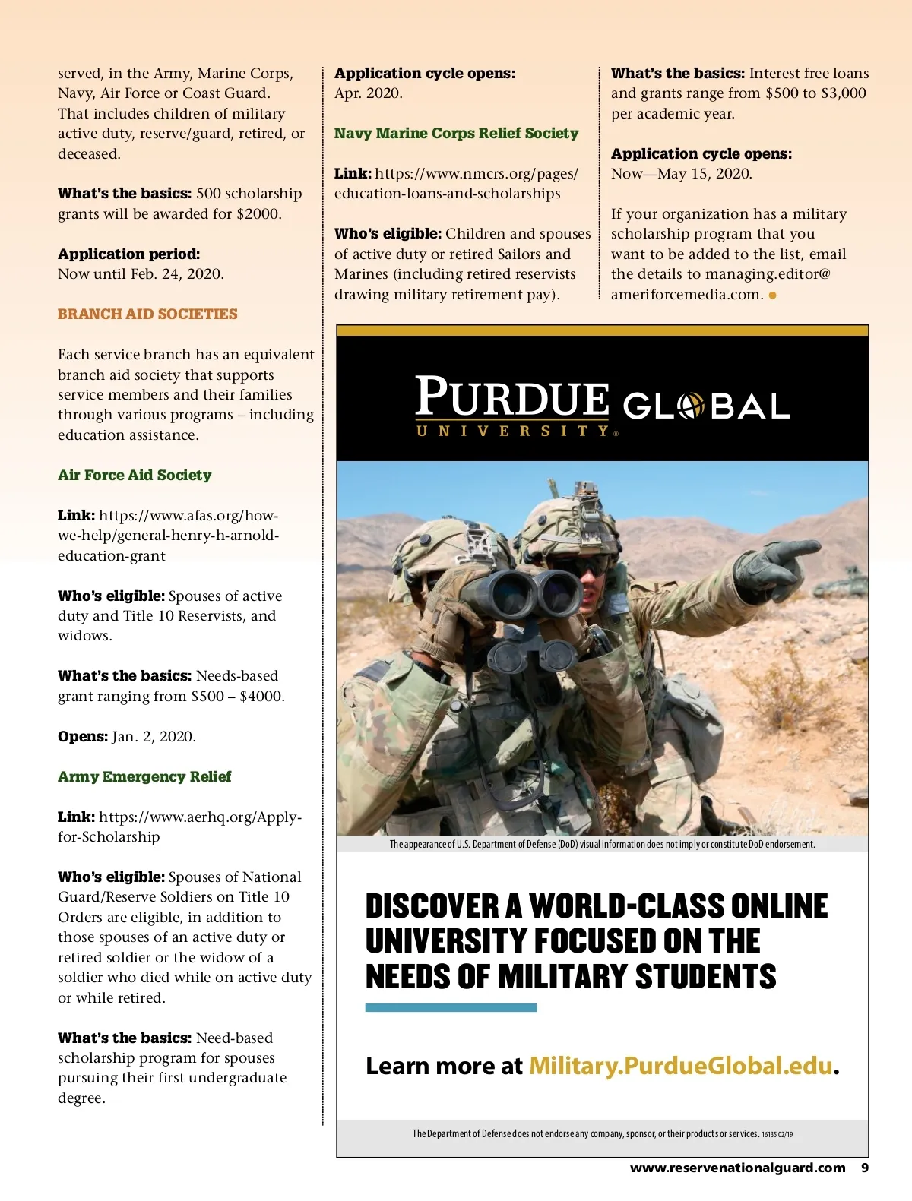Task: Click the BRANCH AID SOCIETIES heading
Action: tap(147, 314)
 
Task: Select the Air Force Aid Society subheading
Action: tap(135, 475)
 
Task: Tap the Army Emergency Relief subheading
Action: tap(144, 776)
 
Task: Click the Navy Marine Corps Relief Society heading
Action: tap(456, 133)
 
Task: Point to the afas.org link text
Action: tap(169, 535)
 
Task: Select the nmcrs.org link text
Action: tap(456, 183)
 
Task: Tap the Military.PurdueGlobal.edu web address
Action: tap(681, 1066)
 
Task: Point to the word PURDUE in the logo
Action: tap(511, 396)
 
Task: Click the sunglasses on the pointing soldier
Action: tap(587, 567)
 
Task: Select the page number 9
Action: tap(864, 1168)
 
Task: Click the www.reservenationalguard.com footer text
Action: tap(737, 1168)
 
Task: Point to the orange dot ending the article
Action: tap(773, 295)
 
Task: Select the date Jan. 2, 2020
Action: tap(154, 736)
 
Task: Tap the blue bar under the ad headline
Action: tap(451, 1007)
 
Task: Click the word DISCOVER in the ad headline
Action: tap(432, 905)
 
